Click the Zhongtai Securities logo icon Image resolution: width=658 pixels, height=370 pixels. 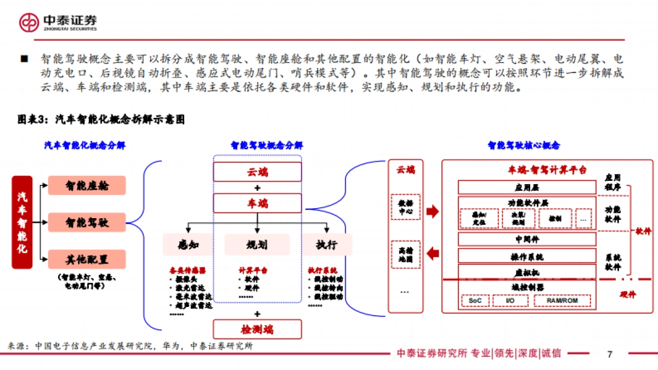(x=30, y=22)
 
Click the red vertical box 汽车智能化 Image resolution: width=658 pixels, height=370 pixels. (x=22, y=222)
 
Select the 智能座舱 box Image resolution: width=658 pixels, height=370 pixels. (x=87, y=186)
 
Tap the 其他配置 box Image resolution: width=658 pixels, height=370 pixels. (x=87, y=259)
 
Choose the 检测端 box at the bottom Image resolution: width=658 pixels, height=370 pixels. (x=257, y=329)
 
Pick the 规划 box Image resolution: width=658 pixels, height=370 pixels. (x=257, y=244)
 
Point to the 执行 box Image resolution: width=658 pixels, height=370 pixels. (x=326, y=244)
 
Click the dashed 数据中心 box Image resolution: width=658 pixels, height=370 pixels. (x=405, y=206)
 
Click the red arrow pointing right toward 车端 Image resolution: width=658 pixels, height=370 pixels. (x=433, y=211)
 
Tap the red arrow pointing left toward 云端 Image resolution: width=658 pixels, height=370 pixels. (x=433, y=253)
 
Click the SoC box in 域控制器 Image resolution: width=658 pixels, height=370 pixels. (x=475, y=301)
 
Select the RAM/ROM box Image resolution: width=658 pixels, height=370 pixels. (x=561, y=301)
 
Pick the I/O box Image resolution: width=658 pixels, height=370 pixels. (x=510, y=301)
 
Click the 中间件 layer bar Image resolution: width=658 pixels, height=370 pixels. (x=526, y=239)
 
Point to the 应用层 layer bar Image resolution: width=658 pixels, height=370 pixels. (x=526, y=187)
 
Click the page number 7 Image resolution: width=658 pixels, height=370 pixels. (x=609, y=354)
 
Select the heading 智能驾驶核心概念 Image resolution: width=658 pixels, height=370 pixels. (x=524, y=146)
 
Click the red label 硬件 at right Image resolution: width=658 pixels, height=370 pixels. (x=626, y=294)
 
